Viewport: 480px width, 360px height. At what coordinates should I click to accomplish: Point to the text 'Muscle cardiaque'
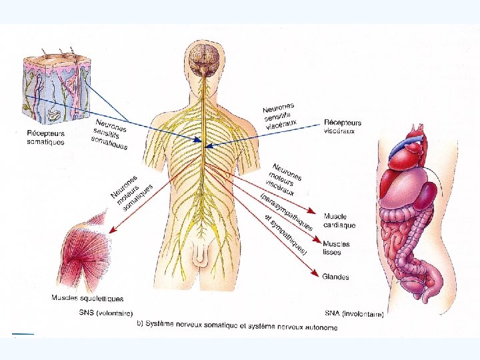point(339,221)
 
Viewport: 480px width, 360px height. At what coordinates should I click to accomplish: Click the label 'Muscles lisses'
point(336,249)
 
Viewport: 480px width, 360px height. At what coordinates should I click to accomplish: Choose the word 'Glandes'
point(335,277)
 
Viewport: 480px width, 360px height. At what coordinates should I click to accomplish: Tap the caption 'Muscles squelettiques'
point(87,299)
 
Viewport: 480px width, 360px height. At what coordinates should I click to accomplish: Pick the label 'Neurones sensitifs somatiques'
point(111,134)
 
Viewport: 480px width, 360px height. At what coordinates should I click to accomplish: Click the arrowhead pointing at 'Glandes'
point(315,275)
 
